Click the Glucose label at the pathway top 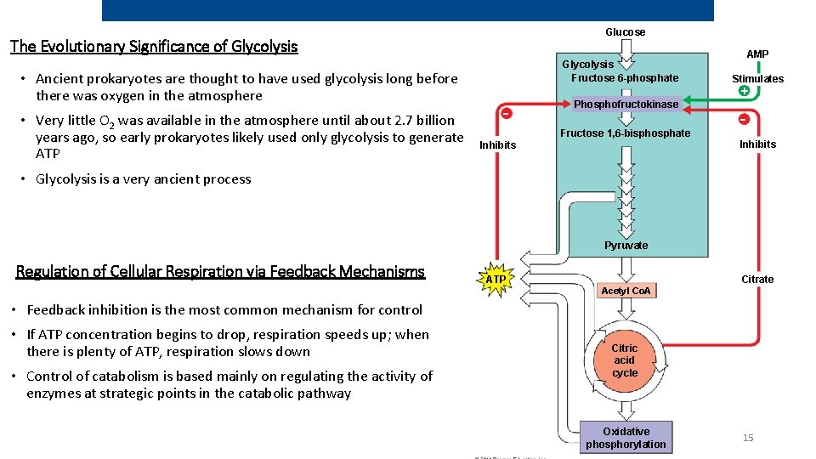[x=625, y=32]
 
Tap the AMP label [x=757, y=54]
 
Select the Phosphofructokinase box [x=626, y=105]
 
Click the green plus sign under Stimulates [x=744, y=91]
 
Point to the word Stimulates [x=757, y=79]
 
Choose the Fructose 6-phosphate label [x=625, y=78]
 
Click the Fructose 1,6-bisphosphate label [x=625, y=133]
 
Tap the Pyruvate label [x=626, y=246]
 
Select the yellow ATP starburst [x=496, y=279]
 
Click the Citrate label [x=757, y=280]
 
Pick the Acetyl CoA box [x=626, y=291]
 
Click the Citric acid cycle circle [x=625, y=360]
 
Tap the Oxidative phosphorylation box [x=626, y=438]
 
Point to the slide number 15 [x=748, y=438]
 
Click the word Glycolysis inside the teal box [x=587, y=65]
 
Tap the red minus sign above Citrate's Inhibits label [x=743, y=119]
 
